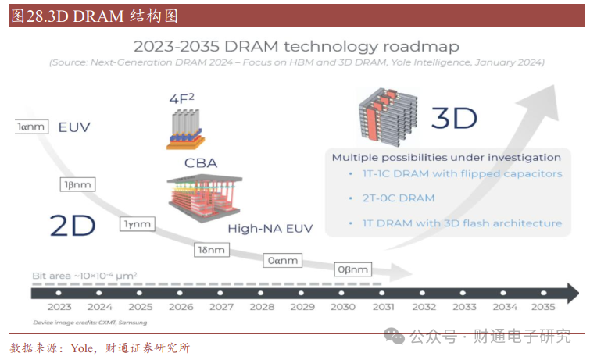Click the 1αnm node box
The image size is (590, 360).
pos(31,127)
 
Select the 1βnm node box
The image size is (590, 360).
pos(77,185)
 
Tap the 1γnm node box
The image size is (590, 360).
pos(138,224)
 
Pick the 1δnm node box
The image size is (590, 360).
pos(212,250)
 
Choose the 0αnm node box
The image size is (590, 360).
pos(283,260)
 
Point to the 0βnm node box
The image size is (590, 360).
pos(353,269)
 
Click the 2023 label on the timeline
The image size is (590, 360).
pos(59,307)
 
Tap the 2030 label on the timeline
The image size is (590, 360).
pos(343,307)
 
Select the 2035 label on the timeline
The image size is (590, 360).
pos(543,307)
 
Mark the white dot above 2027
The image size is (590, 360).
pos(220,293)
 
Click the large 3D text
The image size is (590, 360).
pos(454,118)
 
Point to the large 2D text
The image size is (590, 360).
pos(73,226)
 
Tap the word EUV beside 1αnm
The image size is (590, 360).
pos(74,127)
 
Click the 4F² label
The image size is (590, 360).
pos(182,98)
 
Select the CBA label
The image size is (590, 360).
pos(201,163)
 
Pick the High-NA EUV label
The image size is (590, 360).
pos(270,228)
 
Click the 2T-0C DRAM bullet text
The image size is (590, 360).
pos(399,198)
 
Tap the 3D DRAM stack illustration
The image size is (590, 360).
pos(388,117)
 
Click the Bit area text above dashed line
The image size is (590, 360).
pos(84,276)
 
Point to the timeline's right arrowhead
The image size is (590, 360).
pos(573,293)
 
